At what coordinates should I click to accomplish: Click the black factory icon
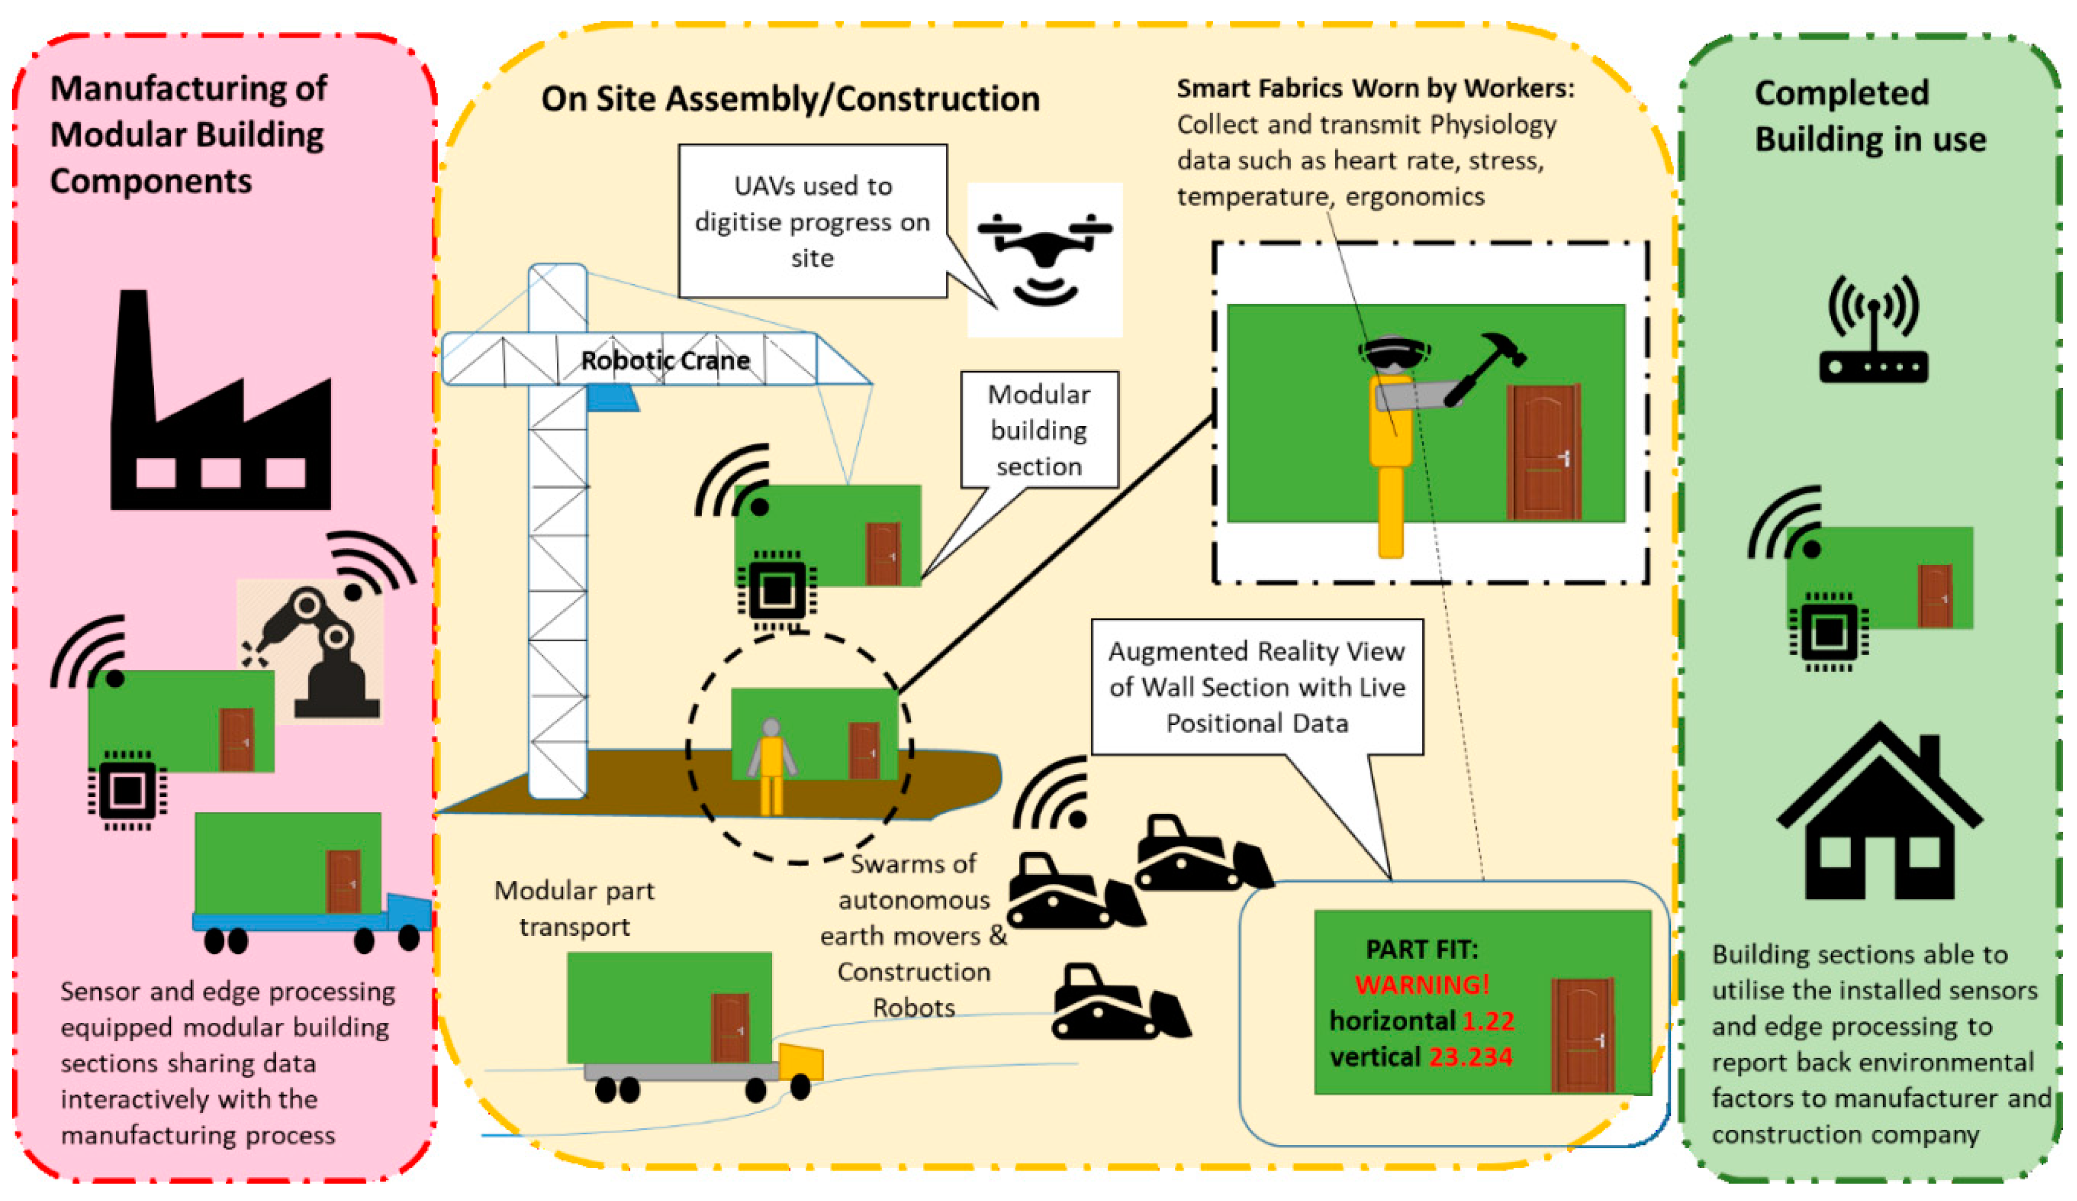click(220, 412)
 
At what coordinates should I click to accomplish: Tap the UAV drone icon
click(1044, 256)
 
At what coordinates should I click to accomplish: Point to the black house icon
click(1879, 816)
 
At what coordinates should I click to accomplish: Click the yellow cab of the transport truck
click(800, 1061)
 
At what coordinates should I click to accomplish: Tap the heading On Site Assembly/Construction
click(789, 99)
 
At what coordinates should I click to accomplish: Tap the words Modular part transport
click(574, 908)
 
